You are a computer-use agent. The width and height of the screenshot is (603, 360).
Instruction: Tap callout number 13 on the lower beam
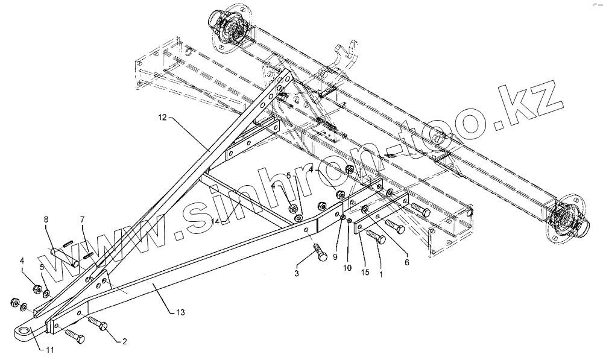click(x=180, y=312)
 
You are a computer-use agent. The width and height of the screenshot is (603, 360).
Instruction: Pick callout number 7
click(x=84, y=220)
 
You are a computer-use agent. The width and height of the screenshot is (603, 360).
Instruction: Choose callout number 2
click(x=124, y=341)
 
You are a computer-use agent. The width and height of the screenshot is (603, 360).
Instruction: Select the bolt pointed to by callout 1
click(x=376, y=236)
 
